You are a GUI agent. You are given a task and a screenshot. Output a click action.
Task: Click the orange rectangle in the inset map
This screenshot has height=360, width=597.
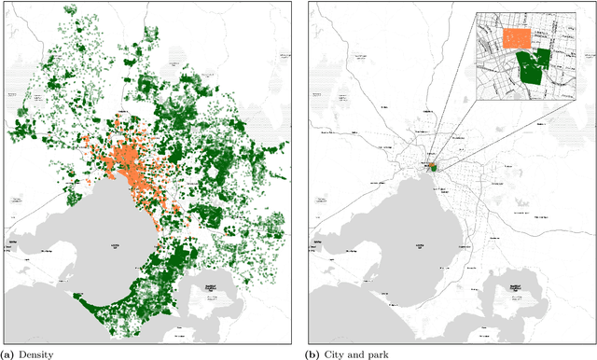click(516, 37)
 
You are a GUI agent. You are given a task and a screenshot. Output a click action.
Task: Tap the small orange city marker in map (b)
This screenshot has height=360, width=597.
click(434, 165)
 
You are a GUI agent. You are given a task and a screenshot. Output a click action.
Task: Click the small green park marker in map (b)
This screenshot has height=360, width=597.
click(437, 168)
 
